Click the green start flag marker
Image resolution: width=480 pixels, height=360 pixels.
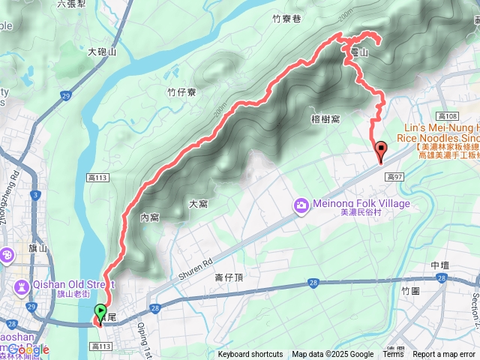click(x=100, y=310)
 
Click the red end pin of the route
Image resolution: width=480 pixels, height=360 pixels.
click(x=380, y=151)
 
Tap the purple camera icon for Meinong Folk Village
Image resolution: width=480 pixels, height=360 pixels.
click(x=301, y=204)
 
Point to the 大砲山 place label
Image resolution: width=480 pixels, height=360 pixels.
click(x=103, y=52)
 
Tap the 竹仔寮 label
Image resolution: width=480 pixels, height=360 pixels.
click(x=182, y=92)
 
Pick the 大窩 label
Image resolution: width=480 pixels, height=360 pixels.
click(x=198, y=203)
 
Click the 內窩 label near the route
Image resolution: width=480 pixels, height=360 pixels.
click(x=149, y=217)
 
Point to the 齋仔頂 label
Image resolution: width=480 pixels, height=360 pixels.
click(x=229, y=277)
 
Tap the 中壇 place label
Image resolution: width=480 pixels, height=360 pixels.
click(x=440, y=266)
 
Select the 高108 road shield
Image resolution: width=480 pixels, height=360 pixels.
click(x=448, y=115)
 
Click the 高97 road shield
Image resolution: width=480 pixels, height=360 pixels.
click(x=395, y=176)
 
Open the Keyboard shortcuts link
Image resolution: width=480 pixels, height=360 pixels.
click(x=250, y=355)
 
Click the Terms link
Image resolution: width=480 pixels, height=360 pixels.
click(x=393, y=355)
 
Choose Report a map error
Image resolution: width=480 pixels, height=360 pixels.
click(x=445, y=355)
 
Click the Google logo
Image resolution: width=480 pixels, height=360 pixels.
click(x=28, y=349)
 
